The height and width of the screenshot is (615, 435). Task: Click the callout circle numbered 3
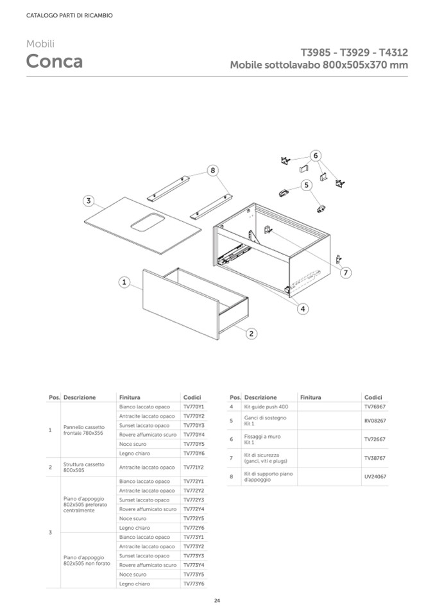pyautogui.click(x=89, y=201)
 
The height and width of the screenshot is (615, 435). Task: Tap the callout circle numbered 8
pyautogui.click(x=213, y=171)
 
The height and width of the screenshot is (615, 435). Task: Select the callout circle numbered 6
pyautogui.click(x=315, y=155)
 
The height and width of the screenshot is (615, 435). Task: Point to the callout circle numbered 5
pyautogui.click(x=307, y=185)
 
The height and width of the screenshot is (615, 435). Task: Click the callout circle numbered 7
pyautogui.click(x=345, y=273)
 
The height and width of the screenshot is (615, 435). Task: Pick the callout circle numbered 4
pyautogui.click(x=303, y=308)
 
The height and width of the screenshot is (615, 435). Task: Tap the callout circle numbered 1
pyautogui.click(x=124, y=282)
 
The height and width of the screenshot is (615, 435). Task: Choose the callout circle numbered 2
pyautogui.click(x=252, y=333)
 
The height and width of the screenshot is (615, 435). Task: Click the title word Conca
pyautogui.click(x=55, y=62)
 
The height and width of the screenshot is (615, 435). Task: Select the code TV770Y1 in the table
pyautogui.click(x=193, y=407)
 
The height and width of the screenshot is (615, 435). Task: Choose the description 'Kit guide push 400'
pyautogui.click(x=266, y=407)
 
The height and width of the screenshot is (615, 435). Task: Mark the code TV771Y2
pyautogui.click(x=193, y=468)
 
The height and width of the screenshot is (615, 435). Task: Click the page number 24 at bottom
pyautogui.click(x=217, y=600)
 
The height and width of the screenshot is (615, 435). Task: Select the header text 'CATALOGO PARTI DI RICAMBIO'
pyautogui.click(x=69, y=15)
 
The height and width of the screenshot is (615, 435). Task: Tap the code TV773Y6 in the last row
pyautogui.click(x=193, y=584)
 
